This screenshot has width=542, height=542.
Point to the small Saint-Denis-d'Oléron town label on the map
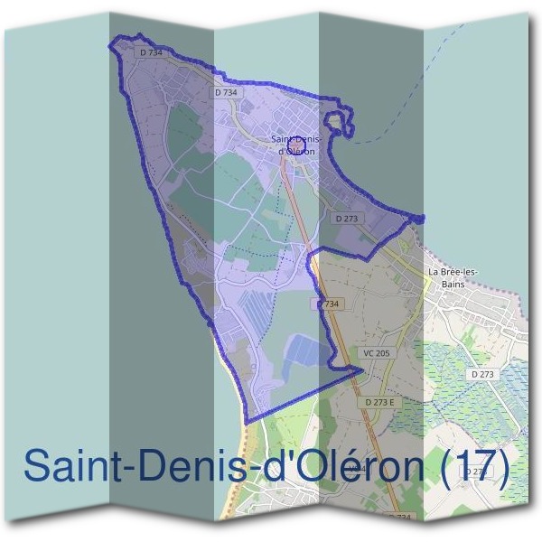[296, 145]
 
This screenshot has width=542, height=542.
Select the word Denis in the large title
[185, 467]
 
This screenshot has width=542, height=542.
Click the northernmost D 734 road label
[151, 53]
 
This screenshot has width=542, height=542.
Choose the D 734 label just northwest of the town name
[227, 92]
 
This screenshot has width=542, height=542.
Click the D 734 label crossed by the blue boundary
[329, 304]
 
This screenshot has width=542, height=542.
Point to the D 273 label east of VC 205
[482, 373]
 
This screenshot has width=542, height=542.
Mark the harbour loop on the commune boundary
[337, 122]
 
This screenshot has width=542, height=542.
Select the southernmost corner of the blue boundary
[245, 422]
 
